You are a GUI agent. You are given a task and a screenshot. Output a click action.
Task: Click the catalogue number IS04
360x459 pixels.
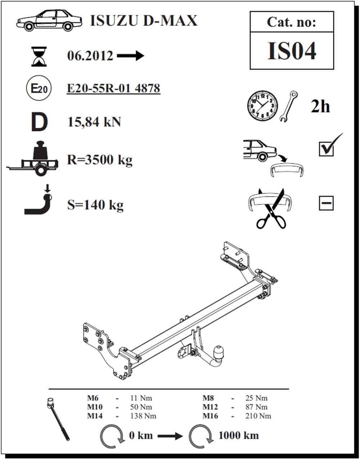[x=292, y=51]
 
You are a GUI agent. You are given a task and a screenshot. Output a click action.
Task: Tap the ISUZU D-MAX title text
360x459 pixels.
[x=143, y=21]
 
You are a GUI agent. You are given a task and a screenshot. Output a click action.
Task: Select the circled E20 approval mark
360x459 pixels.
[x=38, y=89]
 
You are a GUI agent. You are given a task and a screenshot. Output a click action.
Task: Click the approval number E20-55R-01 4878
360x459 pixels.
[x=113, y=88]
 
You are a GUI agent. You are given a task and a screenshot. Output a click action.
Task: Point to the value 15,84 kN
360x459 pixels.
[x=94, y=122]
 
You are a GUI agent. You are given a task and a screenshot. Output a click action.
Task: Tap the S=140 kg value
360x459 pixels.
[x=95, y=205]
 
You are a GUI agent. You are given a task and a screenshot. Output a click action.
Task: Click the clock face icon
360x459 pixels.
[x=262, y=106]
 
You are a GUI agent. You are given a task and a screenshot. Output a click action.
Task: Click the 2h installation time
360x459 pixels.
[x=320, y=107]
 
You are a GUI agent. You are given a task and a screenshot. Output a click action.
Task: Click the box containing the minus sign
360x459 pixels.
[x=326, y=203]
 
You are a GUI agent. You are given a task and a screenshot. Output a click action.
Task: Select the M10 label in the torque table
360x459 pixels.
[x=95, y=407]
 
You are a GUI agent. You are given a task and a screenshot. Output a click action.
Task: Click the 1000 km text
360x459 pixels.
[x=238, y=435]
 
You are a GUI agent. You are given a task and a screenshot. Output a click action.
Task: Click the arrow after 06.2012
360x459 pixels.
[x=131, y=56]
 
